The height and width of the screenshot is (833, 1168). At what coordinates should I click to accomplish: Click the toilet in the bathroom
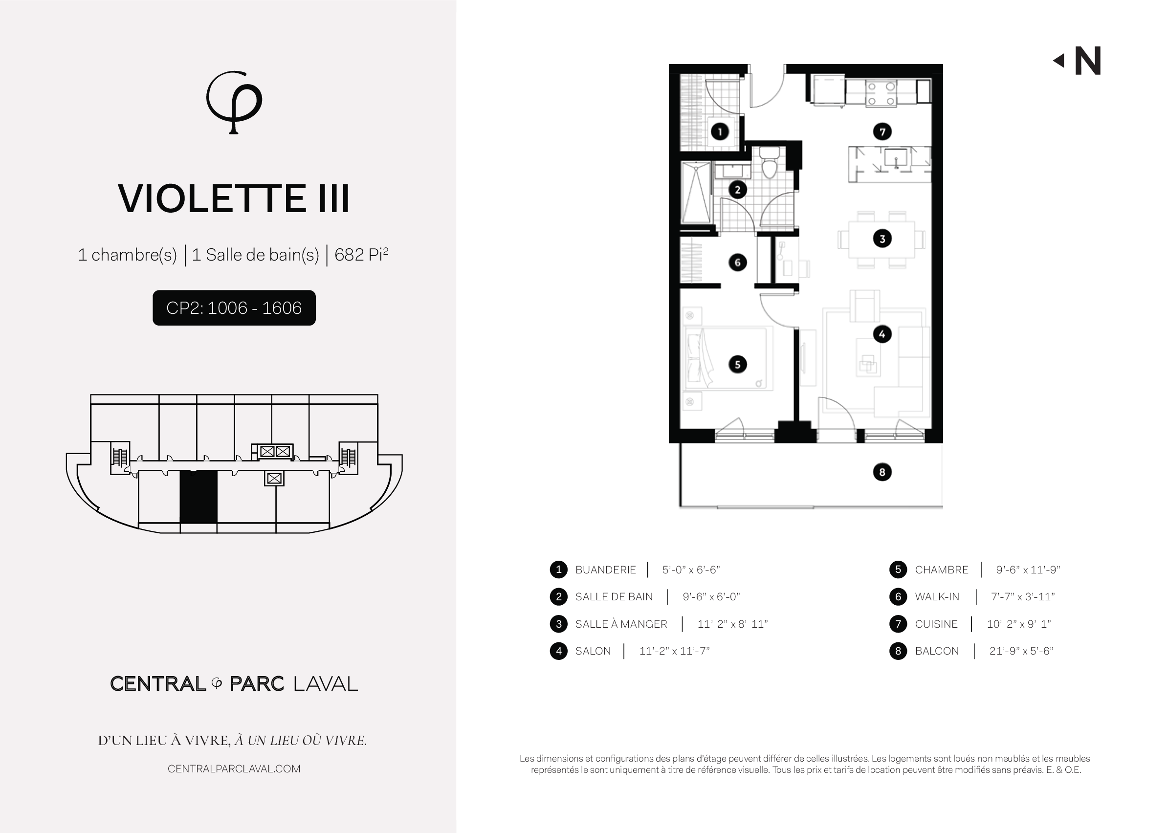[769, 162]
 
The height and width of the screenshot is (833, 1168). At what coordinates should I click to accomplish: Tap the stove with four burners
[881, 93]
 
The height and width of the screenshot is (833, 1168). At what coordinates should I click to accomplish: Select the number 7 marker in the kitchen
[882, 132]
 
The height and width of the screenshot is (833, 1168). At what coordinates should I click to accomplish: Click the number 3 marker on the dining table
[882, 239]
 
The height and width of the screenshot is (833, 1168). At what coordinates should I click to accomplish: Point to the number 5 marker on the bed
[738, 364]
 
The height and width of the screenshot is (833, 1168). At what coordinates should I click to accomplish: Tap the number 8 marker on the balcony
[882, 472]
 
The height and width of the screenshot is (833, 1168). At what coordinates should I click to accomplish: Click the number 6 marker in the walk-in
[738, 263]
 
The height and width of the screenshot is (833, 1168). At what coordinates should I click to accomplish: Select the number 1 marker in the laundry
[720, 132]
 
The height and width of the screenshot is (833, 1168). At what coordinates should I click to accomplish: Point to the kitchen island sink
[896, 157]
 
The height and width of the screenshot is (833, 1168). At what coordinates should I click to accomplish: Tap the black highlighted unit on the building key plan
[198, 497]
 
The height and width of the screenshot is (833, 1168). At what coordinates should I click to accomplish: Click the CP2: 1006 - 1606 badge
[234, 308]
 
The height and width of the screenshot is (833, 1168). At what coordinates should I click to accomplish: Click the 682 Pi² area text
[361, 254]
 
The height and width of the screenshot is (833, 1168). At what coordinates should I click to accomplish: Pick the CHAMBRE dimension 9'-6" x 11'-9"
[1028, 570]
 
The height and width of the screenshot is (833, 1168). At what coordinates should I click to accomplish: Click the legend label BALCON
[937, 651]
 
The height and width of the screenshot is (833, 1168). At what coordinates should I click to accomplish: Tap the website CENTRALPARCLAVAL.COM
[234, 769]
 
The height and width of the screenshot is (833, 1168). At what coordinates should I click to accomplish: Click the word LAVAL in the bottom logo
[325, 684]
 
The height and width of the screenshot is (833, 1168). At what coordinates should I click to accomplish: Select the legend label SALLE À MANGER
[621, 624]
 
